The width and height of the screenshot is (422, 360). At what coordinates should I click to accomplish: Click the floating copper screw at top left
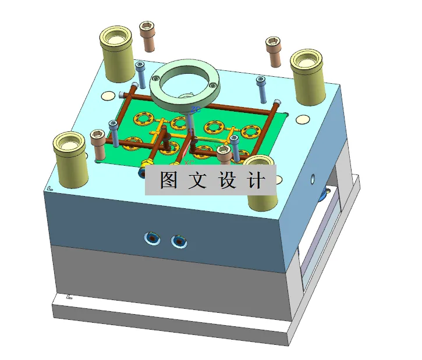[147, 35]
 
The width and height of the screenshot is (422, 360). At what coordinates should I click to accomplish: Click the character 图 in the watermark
[168, 180]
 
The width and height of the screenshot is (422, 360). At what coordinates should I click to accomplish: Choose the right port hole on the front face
[178, 240]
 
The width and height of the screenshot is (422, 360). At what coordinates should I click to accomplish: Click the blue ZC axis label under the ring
[197, 108]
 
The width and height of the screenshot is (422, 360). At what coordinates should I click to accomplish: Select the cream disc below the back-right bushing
[302, 120]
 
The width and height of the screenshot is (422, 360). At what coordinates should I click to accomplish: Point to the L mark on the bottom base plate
[70, 297]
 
